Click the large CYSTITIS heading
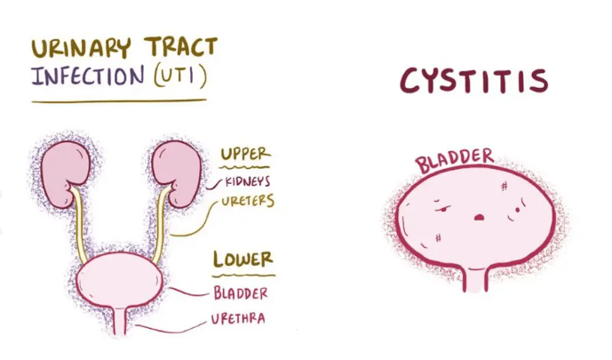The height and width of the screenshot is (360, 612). [x=473, y=82]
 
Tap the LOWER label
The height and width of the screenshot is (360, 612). [x=242, y=260]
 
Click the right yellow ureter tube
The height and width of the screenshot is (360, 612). [x=163, y=222]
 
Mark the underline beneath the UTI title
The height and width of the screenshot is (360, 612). [x=119, y=100]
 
